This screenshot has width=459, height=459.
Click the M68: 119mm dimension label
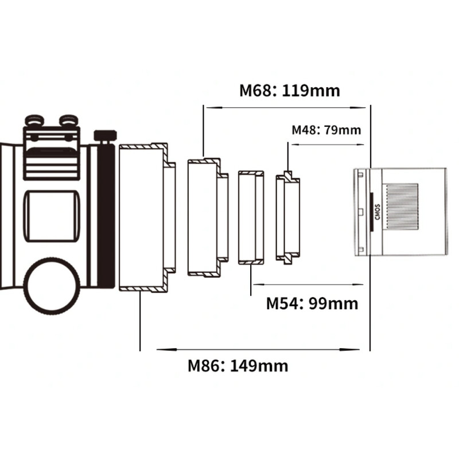(x=289, y=91)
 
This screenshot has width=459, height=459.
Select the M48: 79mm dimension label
(x=326, y=130)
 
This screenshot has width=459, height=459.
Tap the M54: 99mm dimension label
(x=312, y=304)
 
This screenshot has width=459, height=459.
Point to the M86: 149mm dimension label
(x=238, y=365)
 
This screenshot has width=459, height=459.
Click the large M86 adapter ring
(x=143, y=217)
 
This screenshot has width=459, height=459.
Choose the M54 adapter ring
(x=251, y=217)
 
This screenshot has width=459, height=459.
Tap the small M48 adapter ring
(x=287, y=217)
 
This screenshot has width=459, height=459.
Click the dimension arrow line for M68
(x=287, y=107)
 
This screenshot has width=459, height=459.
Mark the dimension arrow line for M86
(x=258, y=349)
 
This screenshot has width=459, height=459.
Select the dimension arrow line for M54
(x=310, y=283)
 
